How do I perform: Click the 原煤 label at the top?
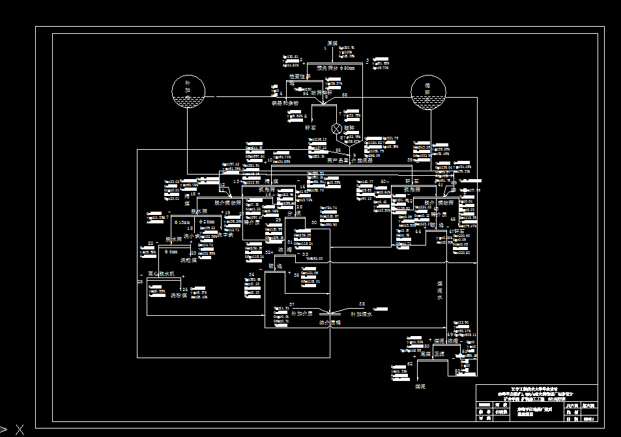click(332, 43)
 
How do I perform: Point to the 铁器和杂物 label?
click(285, 103)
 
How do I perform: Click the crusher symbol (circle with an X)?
click(338, 128)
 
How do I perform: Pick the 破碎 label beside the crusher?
click(349, 128)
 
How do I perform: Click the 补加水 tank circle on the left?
click(188, 92)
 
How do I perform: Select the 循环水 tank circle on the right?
click(428, 92)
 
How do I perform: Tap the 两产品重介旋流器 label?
click(350, 160)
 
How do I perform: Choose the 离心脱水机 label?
click(162, 274)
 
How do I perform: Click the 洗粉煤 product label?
click(180, 295)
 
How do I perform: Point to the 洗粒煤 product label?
click(188, 260)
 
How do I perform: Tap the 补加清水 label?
click(360, 314)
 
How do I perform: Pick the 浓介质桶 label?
click(330, 322)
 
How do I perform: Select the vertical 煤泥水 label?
click(439, 290)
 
